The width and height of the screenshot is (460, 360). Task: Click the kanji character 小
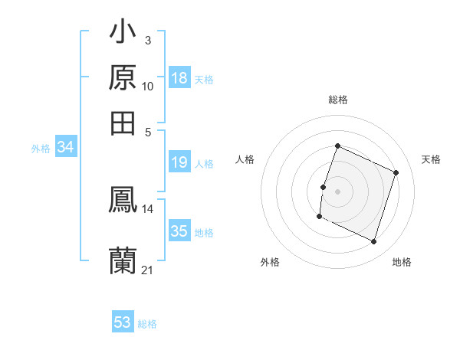[123, 34]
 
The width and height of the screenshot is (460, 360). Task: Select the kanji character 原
[123, 78]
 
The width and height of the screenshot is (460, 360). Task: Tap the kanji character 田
[123, 123]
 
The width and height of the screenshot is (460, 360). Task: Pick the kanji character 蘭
[123, 260]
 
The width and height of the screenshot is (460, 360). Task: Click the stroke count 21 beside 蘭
[147, 270]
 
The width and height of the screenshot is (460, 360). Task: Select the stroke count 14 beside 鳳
[147, 208]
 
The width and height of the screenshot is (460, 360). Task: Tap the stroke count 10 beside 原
[147, 87]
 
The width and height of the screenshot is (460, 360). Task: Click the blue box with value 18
[179, 78]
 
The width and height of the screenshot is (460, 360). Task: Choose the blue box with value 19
[179, 162]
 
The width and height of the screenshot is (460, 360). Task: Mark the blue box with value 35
[179, 231]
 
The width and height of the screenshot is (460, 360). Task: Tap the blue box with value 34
[66, 148]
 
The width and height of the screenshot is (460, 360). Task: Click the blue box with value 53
[123, 322]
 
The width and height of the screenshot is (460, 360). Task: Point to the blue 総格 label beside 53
[147, 324]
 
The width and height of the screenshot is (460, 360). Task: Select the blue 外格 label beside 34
[41, 149]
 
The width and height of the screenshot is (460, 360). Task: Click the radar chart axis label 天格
[431, 159]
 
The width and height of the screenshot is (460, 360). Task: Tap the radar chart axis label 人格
[245, 159]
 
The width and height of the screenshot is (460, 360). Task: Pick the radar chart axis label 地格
[402, 262]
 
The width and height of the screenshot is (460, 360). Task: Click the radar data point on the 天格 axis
[396, 172]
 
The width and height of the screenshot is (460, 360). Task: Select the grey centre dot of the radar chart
[338, 191]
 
